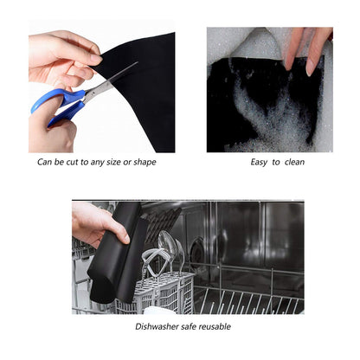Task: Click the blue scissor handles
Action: pos(58,106)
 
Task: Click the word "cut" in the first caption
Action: pos(72,162)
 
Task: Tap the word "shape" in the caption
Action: pos(145,163)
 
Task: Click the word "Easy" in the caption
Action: pos(259,163)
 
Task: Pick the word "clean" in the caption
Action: pos(294,162)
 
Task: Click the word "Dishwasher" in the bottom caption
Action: pos(157,326)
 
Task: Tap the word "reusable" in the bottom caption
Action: pos(215,326)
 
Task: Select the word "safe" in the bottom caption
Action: pos(189,326)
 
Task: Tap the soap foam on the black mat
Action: pos(267,115)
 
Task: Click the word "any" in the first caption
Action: pos(97,163)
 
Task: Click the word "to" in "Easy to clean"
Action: pos(276,162)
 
